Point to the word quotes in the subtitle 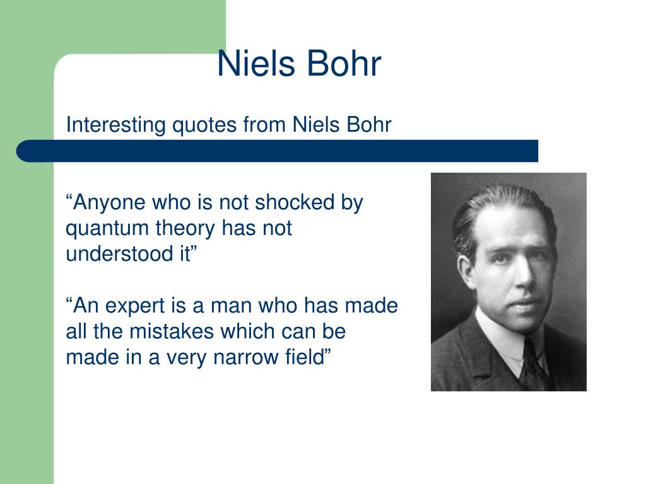[203, 125]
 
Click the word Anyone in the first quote [110, 203]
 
